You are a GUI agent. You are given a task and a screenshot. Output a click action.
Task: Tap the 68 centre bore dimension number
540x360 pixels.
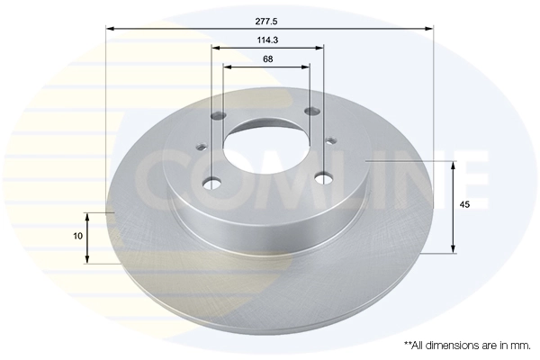coord(268,58)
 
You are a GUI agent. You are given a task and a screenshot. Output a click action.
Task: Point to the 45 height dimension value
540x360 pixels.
coord(464,206)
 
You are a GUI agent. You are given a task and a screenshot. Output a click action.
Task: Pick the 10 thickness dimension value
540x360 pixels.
coord(78,236)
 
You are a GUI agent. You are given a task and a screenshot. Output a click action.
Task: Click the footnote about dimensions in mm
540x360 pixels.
coord(467,345)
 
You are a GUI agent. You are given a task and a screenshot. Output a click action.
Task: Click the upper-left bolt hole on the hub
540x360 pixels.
coord(220,115)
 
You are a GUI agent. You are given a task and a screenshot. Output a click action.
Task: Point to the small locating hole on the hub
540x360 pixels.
coord(333,139)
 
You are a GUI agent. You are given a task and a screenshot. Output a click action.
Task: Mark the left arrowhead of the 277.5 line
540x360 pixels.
coord(110,28)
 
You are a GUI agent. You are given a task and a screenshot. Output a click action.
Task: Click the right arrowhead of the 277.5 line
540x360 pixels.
coord(429,28)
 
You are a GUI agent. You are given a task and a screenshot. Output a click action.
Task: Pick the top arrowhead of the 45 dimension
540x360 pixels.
coord(453,165)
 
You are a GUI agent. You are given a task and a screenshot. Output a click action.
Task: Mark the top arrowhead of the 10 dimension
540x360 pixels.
coord(87,216)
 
